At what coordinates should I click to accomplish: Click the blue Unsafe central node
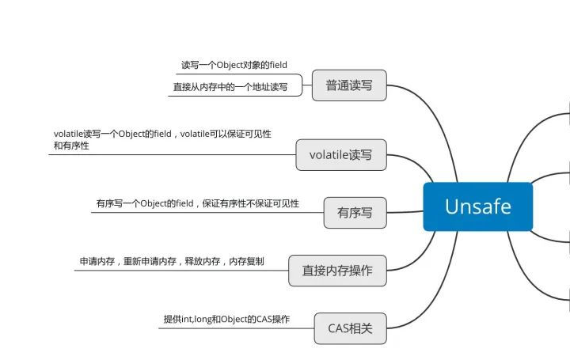(478, 207)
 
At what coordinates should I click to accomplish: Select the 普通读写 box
(349, 85)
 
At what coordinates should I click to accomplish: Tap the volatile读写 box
(341, 154)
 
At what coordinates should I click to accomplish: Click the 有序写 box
(355, 212)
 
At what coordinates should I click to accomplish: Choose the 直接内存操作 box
(337, 271)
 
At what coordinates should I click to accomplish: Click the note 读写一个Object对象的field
(234, 65)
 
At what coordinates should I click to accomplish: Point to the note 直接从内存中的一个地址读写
(230, 87)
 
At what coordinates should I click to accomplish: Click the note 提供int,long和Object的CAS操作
(226, 319)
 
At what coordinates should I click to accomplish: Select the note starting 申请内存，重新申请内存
(172, 261)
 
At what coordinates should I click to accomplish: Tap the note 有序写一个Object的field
(197, 203)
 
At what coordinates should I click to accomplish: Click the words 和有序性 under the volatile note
(70, 146)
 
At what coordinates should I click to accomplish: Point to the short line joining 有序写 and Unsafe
(405, 211)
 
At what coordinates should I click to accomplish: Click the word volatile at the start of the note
(68, 134)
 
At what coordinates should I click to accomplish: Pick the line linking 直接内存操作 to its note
(182, 270)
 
